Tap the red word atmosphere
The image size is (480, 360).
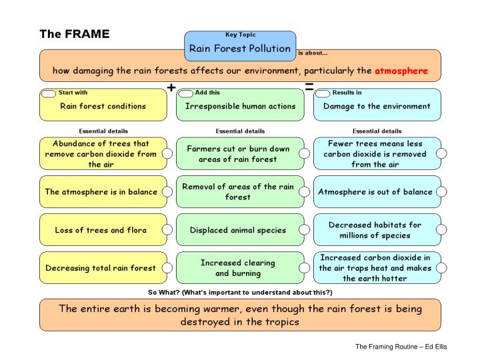400,70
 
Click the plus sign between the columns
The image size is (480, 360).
171,87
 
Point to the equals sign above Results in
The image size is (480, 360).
310,87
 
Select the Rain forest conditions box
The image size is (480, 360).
103,106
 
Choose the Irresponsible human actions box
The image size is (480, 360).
240,106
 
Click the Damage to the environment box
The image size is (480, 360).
377,106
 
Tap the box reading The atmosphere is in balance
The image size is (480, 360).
101,192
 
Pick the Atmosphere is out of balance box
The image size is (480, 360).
375,192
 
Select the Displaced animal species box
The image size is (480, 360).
238,231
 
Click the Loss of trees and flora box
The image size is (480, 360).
101,231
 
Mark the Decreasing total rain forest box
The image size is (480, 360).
101,268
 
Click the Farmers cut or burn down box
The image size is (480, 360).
238,154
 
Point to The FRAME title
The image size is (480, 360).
74,34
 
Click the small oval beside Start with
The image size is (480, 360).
49,94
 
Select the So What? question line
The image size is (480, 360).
239,293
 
